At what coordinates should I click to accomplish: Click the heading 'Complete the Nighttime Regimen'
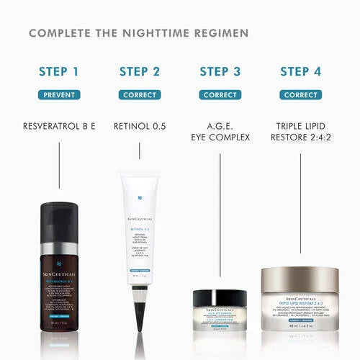pyautogui.click(x=139, y=33)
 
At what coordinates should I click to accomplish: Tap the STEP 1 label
pyautogui.click(x=59, y=71)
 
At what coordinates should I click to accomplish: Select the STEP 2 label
pyautogui.click(x=140, y=71)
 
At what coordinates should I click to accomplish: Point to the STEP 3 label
pyautogui.click(x=220, y=71)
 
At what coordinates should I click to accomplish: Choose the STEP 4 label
pyautogui.click(x=300, y=71)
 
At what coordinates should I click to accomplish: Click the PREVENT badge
pyautogui.click(x=59, y=95)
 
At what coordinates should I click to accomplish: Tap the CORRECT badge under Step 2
pyautogui.click(x=140, y=95)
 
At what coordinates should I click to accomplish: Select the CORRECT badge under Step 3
pyautogui.click(x=220, y=95)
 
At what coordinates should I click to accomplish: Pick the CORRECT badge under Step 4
pyautogui.click(x=300, y=95)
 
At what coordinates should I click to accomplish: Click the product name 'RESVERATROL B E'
pyautogui.click(x=59, y=127)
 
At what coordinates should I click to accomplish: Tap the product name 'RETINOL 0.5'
pyautogui.click(x=140, y=127)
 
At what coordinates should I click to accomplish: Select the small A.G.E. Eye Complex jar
pyautogui.click(x=220, y=306)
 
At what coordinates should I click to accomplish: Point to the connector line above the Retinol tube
pyautogui.click(x=140, y=151)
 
